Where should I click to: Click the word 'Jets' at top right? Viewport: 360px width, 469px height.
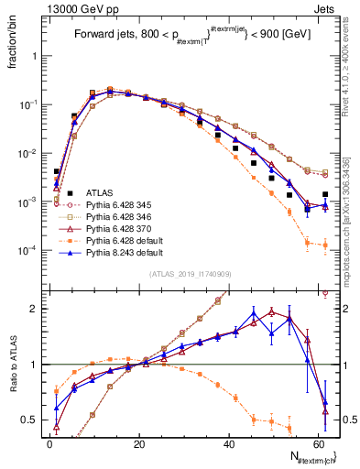point(326,7)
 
